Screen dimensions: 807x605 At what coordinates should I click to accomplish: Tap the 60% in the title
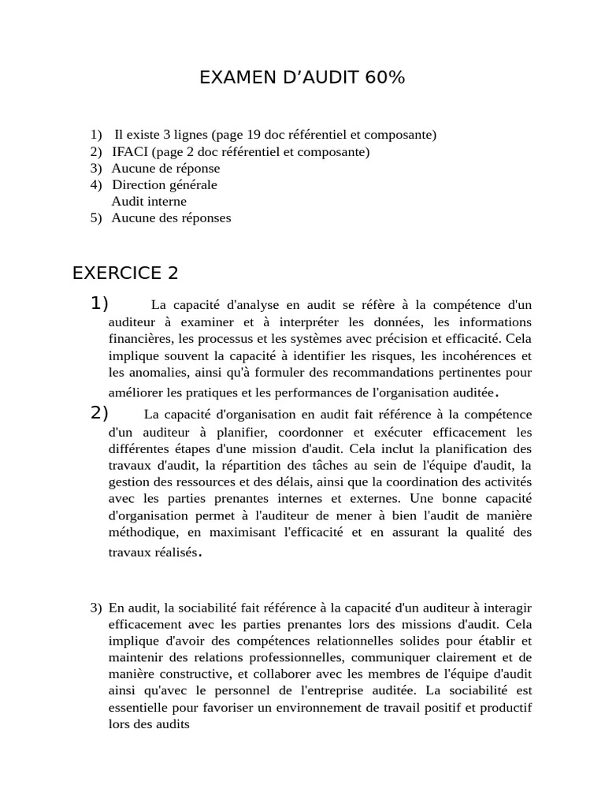click(x=384, y=77)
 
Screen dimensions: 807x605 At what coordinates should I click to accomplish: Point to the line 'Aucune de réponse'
click(x=165, y=168)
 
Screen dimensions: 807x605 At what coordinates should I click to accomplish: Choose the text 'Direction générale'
click(x=164, y=184)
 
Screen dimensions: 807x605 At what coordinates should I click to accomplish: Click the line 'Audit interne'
click(x=149, y=201)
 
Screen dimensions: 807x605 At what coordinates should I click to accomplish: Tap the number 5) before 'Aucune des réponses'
click(x=96, y=218)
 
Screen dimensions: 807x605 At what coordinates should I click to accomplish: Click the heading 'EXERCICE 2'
click(x=125, y=273)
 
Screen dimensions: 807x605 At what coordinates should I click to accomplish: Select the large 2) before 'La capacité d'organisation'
click(x=99, y=413)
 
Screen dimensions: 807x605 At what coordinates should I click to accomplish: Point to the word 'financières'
click(x=141, y=339)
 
